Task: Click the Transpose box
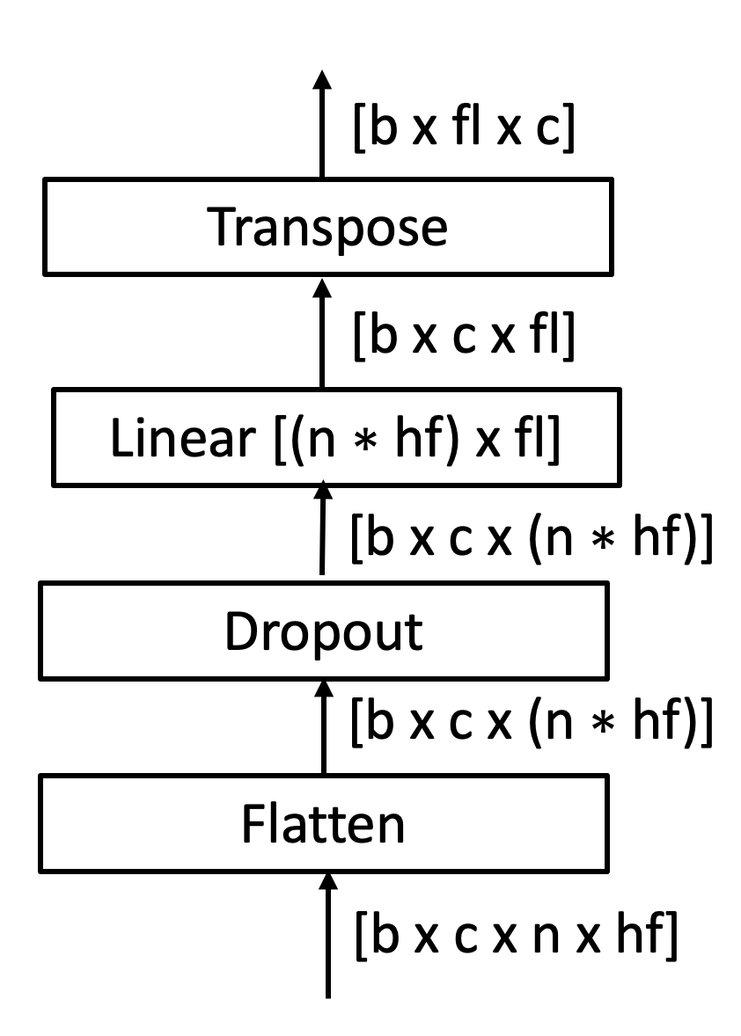pyautogui.click(x=327, y=226)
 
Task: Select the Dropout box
pyautogui.click(x=324, y=631)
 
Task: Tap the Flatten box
pyautogui.click(x=324, y=824)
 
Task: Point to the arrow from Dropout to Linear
pyautogui.click(x=323, y=528)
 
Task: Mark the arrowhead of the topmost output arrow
pyautogui.click(x=323, y=82)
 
